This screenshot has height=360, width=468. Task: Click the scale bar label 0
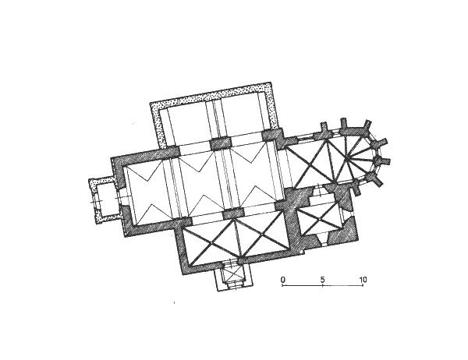pos(283,280)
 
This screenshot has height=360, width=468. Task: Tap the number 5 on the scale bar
pos(323,280)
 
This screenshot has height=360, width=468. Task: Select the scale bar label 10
pos(363,280)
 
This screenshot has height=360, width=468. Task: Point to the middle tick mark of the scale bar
pos(323,285)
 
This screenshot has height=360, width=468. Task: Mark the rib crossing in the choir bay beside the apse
pos(311,164)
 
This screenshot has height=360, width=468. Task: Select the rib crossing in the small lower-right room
pos(319,220)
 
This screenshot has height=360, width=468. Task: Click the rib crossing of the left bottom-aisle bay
pos(211,243)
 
